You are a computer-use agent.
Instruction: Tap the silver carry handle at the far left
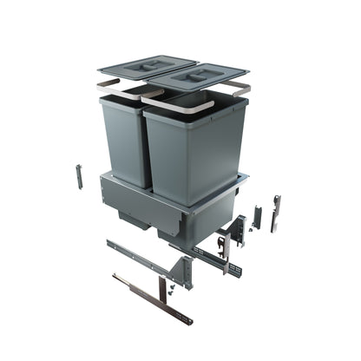(108, 87)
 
